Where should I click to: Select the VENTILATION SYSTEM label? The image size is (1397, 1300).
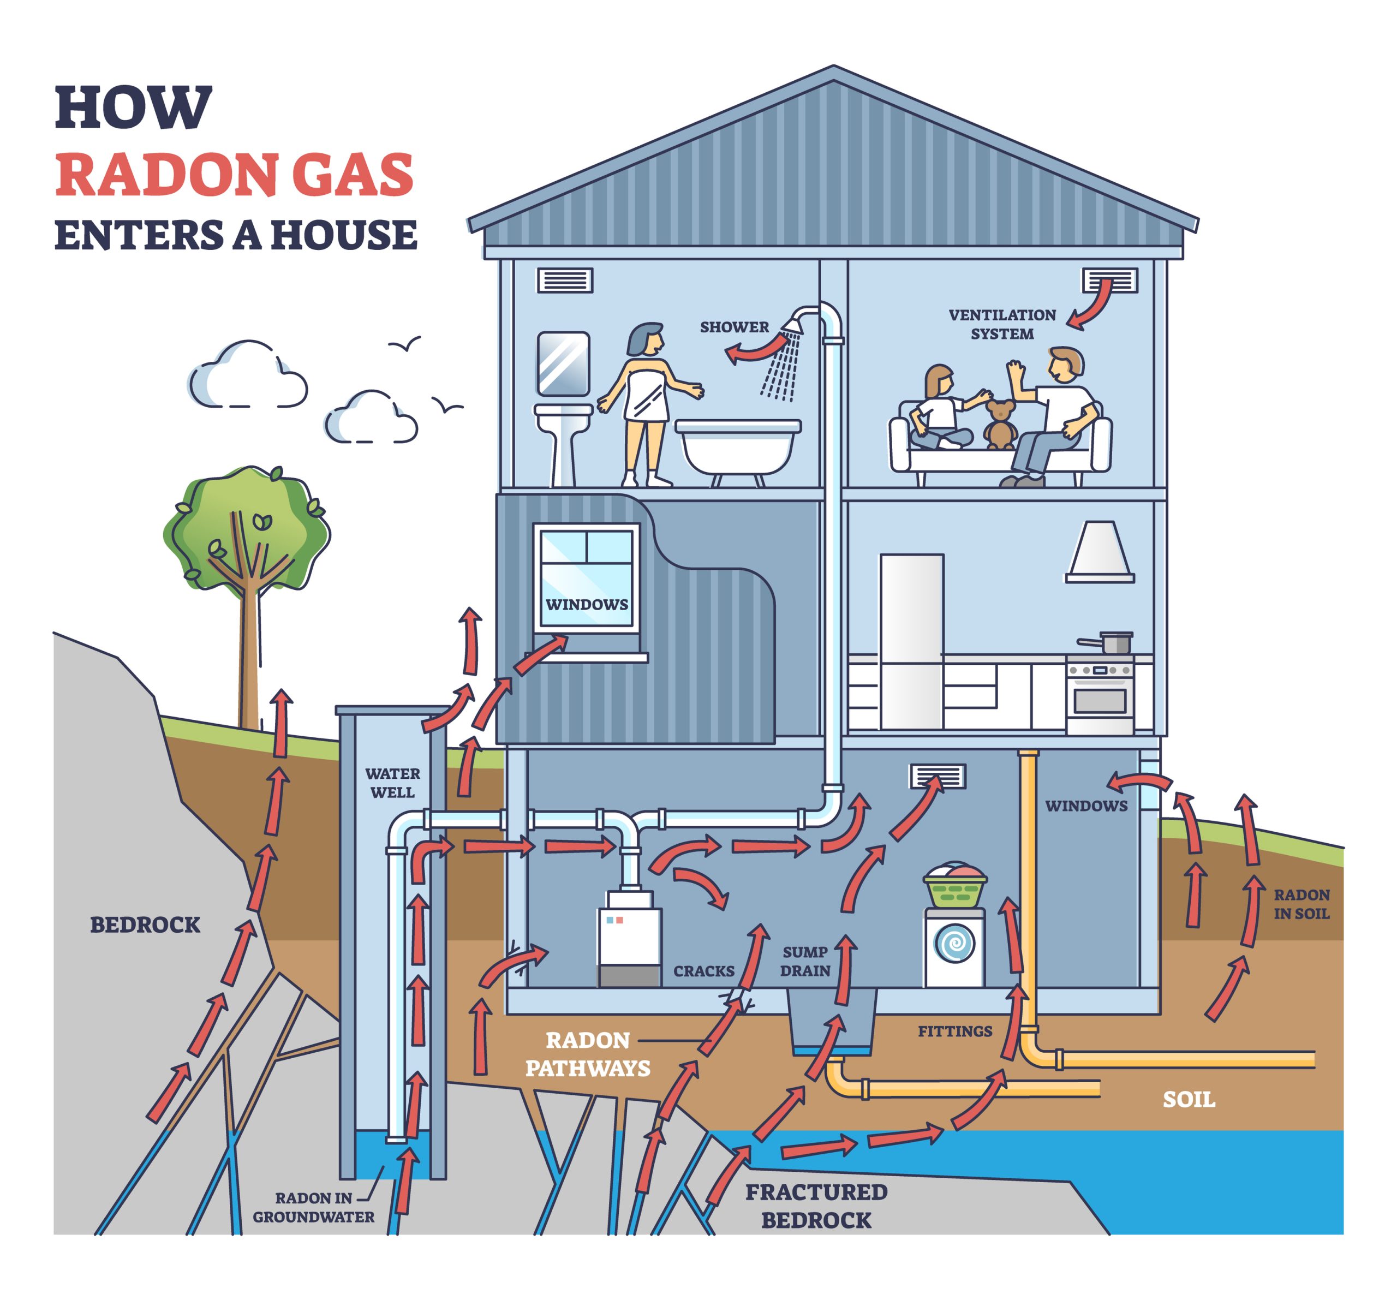pos(1001,324)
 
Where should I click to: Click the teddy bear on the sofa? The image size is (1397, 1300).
pos(999,424)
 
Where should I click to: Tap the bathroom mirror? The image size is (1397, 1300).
pos(563,363)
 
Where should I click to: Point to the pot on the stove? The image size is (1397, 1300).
pos(1113,642)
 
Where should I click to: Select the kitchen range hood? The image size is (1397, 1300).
pos(1100,552)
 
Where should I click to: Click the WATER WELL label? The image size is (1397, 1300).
pos(392,782)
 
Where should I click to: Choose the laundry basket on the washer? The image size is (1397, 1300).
pos(954,887)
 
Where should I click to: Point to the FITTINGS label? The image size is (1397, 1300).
pos(954,1031)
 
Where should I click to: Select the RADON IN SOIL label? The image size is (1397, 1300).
pos(1301,904)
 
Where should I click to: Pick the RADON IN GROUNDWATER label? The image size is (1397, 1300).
pos(313,1207)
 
